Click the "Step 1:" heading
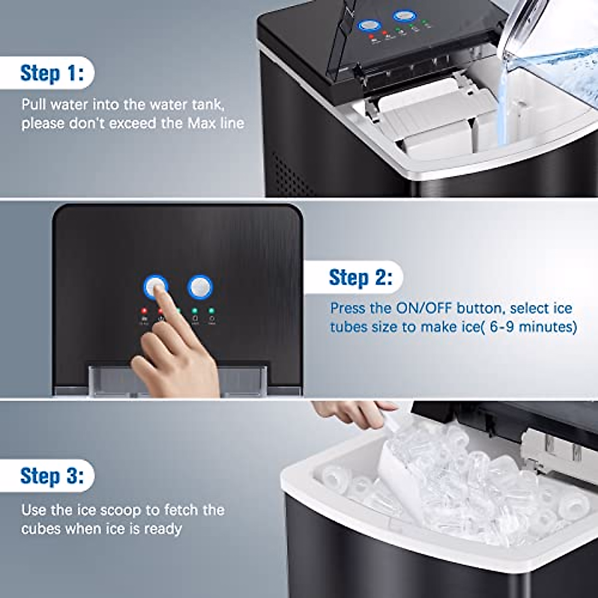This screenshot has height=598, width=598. click(x=51, y=73)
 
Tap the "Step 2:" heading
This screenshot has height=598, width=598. click(x=360, y=277)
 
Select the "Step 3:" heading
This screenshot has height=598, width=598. click(x=51, y=476)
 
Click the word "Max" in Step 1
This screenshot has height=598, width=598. click(x=201, y=123)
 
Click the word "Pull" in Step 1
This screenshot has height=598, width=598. click(x=34, y=105)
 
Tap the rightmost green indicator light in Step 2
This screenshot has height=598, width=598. click(x=212, y=310)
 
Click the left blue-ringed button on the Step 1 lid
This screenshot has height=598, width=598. click(x=368, y=25)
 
